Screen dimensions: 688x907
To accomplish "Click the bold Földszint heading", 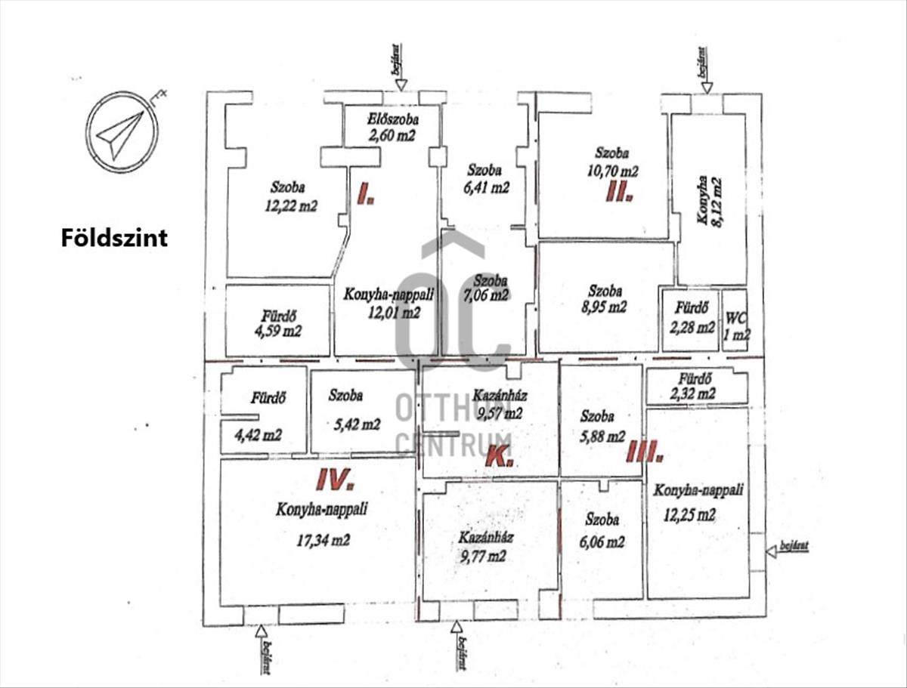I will coord(114,239).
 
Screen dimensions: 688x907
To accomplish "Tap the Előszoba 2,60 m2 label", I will coord(392,127).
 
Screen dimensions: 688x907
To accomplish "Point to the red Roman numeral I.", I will coord(366,197).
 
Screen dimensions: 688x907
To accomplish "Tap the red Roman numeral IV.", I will coord(334,478).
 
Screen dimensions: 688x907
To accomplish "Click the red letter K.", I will coord(499,456).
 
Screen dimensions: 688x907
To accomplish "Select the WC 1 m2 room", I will coord(735,319).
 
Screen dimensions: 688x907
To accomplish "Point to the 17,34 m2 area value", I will coord(324,540).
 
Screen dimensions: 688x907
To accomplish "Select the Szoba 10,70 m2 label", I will coord(612,161).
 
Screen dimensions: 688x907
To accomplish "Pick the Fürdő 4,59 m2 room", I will coord(278,321).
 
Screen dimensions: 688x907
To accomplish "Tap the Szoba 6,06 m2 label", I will coord(602,531).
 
